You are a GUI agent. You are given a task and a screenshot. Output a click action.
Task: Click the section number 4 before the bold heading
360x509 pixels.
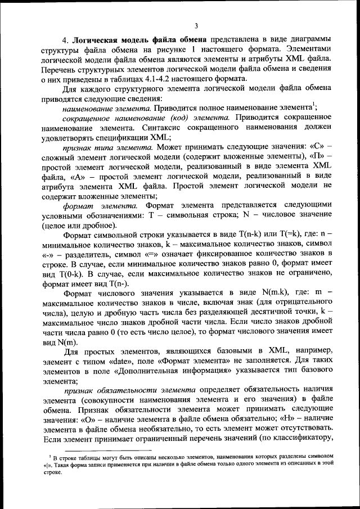(65, 40)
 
